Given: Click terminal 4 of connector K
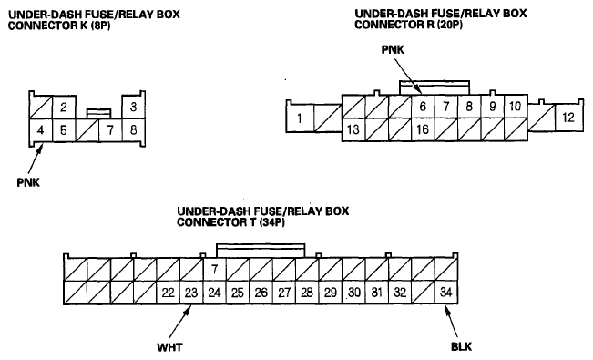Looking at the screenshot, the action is click(x=40, y=130).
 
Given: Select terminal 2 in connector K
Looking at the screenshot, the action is click(x=64, y=108).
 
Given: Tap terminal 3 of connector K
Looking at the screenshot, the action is click(x=133, y=108).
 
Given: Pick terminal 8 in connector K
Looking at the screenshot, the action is click(x=134, y=130).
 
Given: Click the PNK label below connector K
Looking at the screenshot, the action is click(x=28, y=182).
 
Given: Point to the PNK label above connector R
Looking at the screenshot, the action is click(x=393, y=49).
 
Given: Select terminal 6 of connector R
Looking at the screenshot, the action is click(x=423, y=107).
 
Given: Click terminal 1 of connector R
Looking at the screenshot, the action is click(x=300, y=118).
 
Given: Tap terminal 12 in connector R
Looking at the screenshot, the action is click(x=568, y=118).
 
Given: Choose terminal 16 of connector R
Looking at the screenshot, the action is click(x=423, y=129).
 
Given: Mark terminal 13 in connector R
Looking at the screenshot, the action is click(x=353, y=129).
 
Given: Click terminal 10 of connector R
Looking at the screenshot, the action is click(x=516, y=107).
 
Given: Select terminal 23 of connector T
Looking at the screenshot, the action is click(x=191, y=293).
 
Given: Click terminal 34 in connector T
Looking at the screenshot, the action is click(x=446, y=293).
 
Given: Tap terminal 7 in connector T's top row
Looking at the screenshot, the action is click(x=214, y=270).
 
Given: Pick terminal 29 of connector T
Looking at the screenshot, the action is click(x=331, y=293).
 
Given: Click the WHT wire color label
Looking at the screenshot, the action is click(x=169, y=347).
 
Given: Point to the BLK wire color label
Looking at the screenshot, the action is click(x=462, y=346).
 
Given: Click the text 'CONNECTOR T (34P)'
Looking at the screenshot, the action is click(x=230, y=221).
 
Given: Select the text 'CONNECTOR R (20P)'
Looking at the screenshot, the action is click(x=408, y=25).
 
